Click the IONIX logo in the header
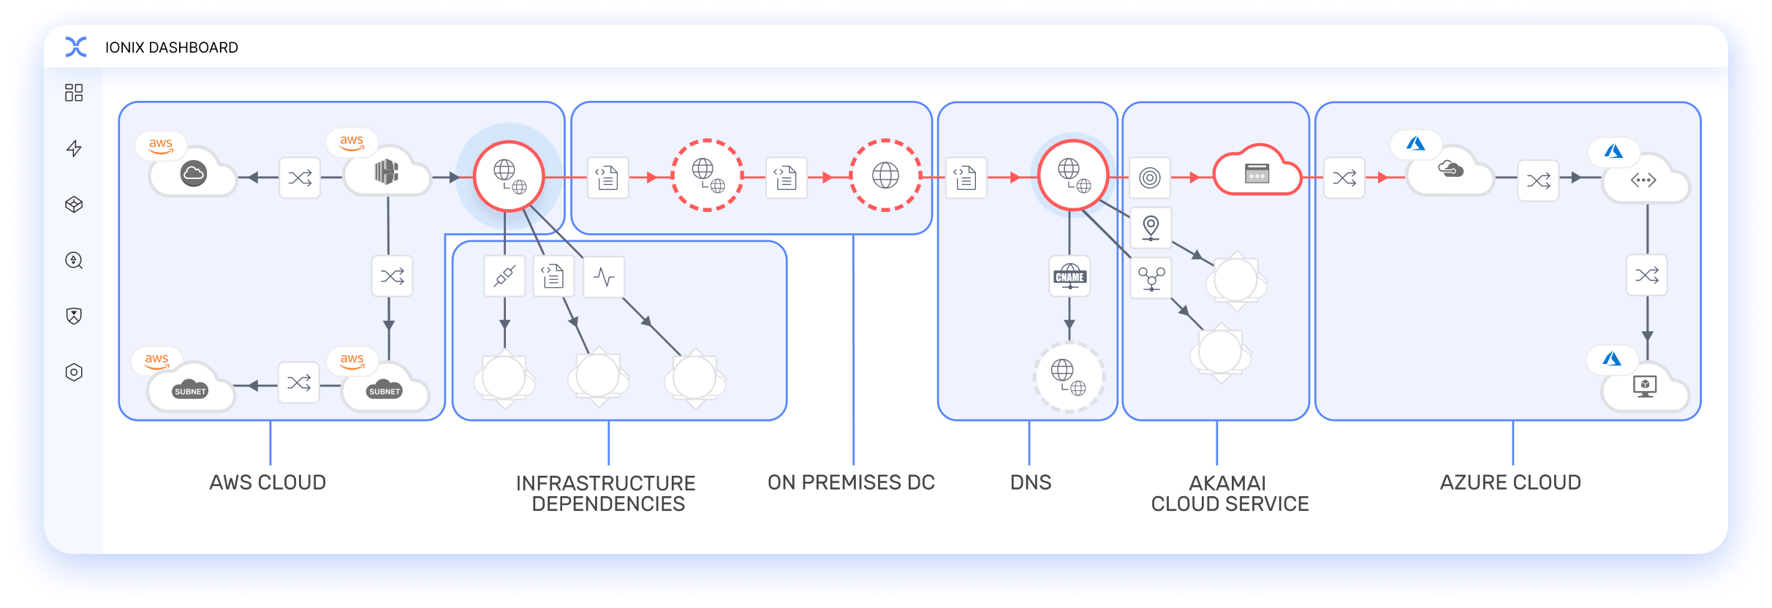coord(76,47)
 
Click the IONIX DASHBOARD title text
coord(172,47)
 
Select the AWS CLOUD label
coord(268,482)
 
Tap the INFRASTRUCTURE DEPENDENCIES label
coord(607,493)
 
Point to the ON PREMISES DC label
coord(851,482)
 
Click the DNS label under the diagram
coord(1031,482)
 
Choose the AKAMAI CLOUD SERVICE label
coord(1230,493)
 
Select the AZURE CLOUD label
coord(1510,482)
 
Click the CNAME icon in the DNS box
coord(1069,276)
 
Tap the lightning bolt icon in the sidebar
coord(74,148)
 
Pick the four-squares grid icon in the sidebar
coord(74,93)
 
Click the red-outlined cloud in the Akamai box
coord(1257,173)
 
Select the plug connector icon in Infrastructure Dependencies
coord(504,276)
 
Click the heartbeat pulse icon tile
coord(605,277)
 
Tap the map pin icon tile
coord(1151,227)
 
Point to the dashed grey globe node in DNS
coord(1069,376)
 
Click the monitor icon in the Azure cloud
coord(1645,386)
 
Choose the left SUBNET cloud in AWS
coord(191,389)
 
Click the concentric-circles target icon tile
coord(1150,178)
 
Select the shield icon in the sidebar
coord(74,316)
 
